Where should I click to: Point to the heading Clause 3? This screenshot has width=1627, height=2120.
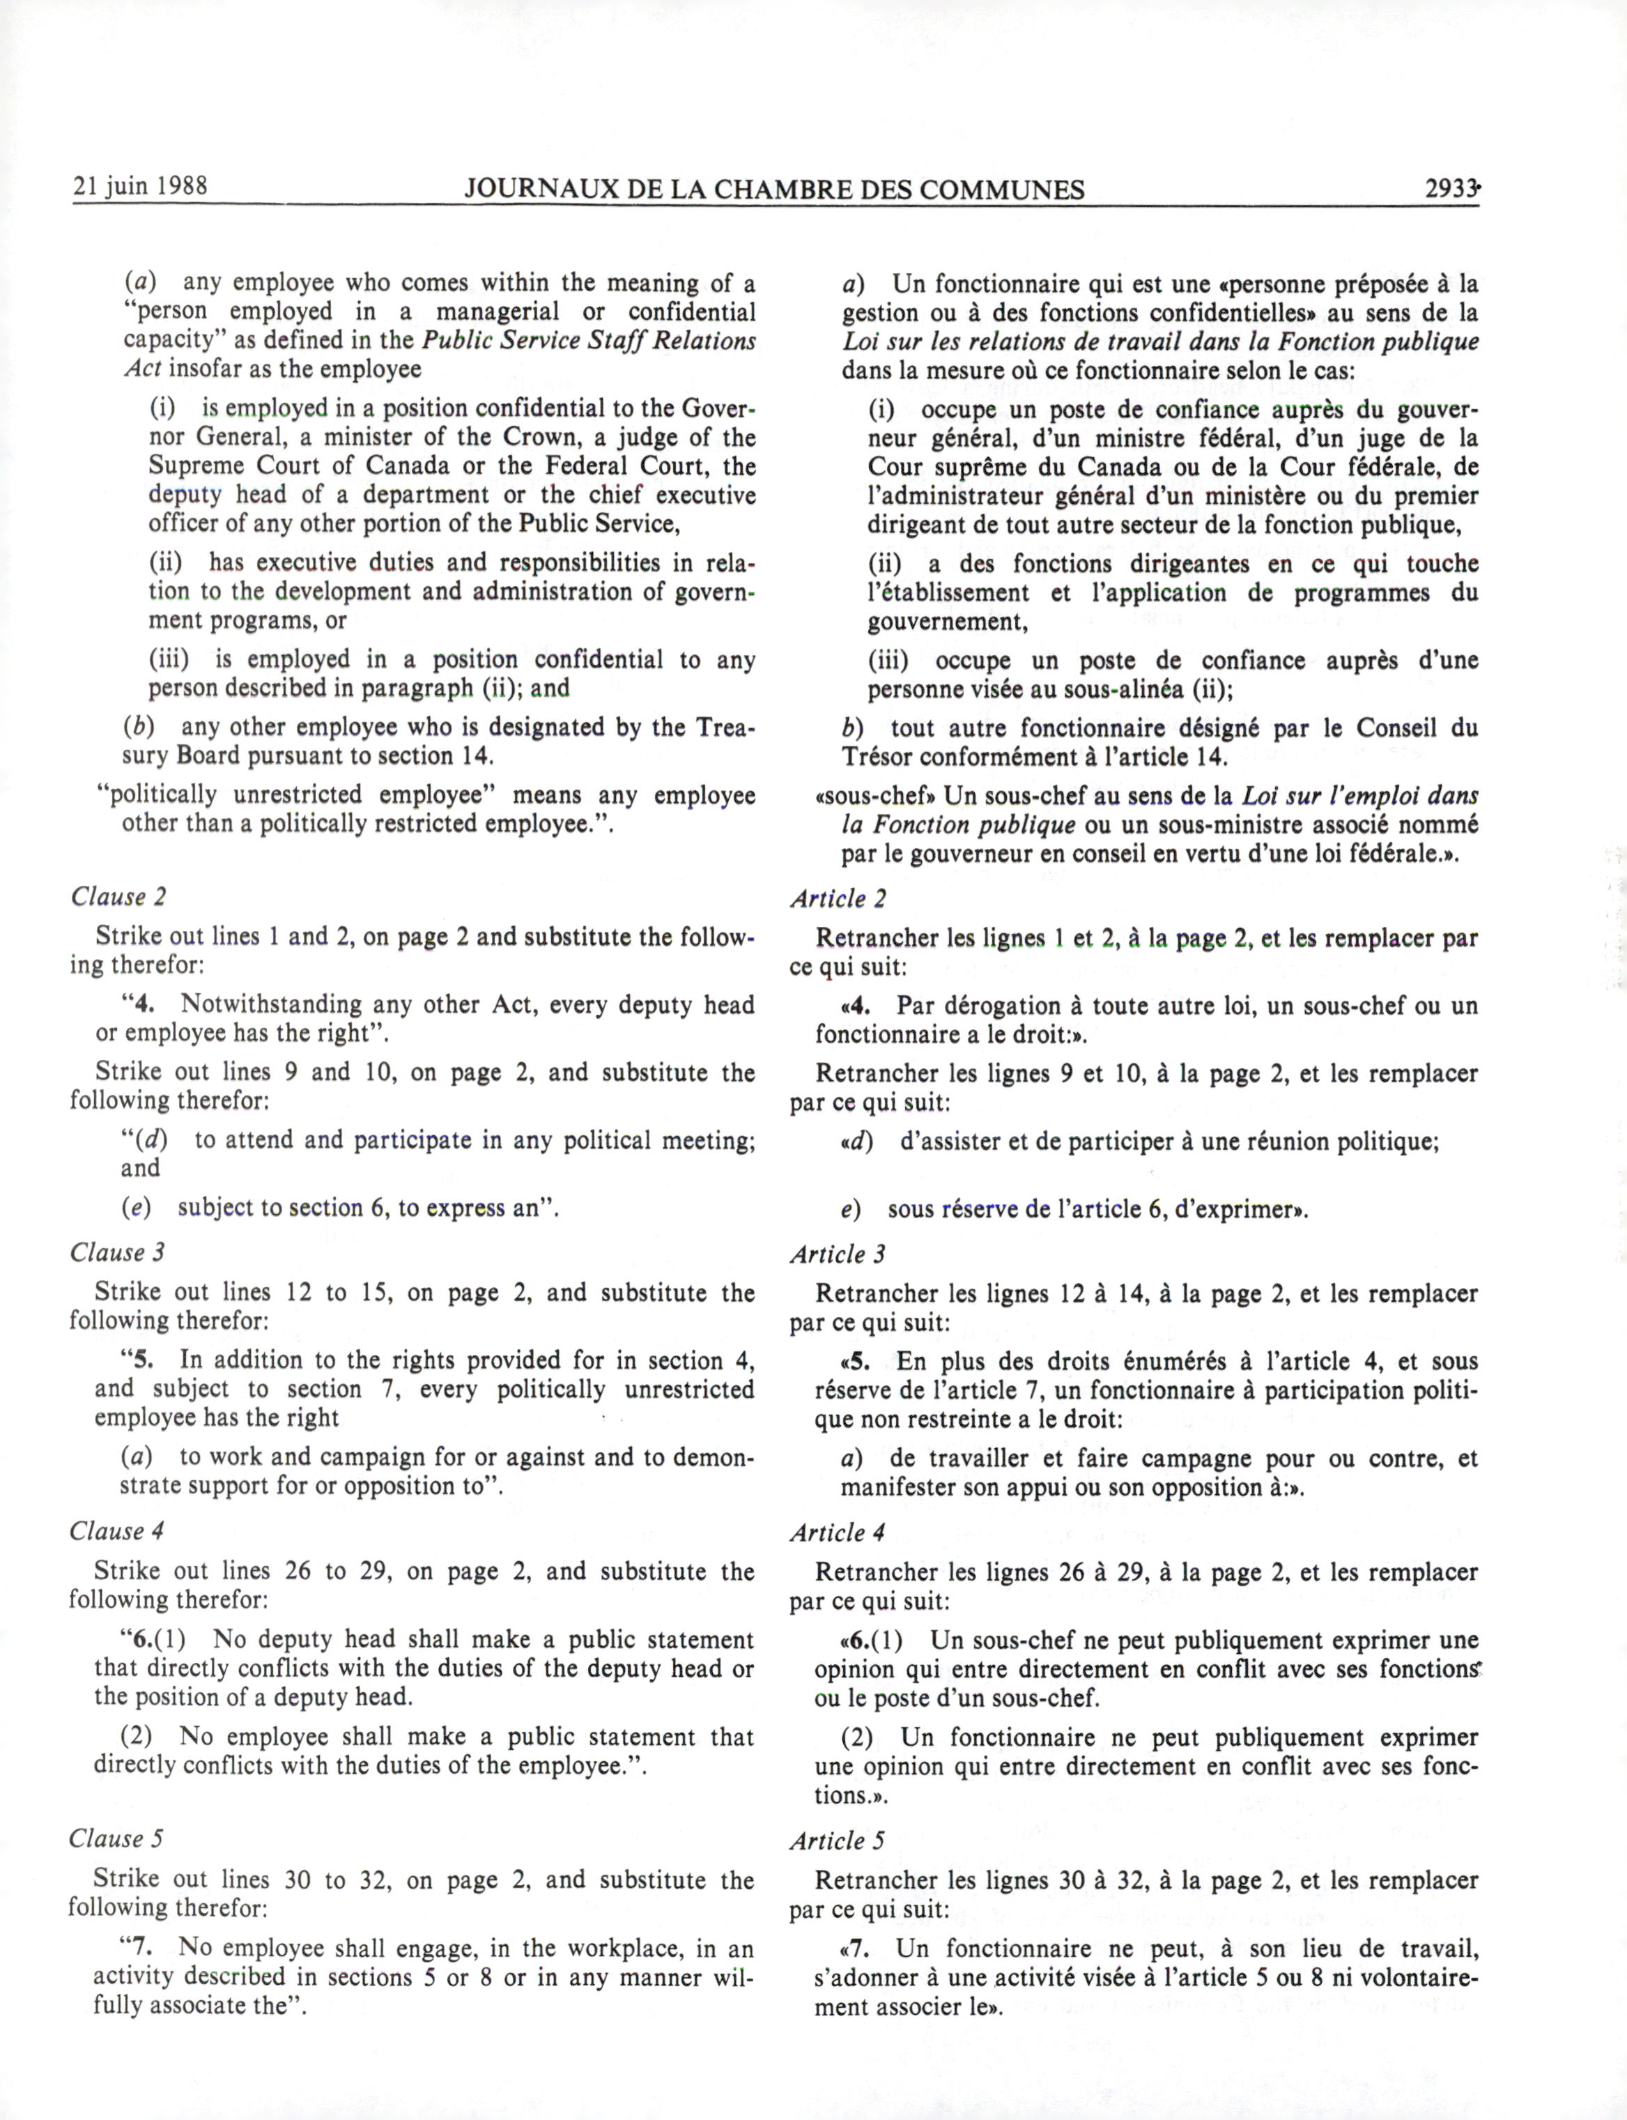[x=117, y=1252]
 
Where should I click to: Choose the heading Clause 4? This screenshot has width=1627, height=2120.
[x=117, y=1530]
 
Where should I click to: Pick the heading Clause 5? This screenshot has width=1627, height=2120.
[x=116, y=1838]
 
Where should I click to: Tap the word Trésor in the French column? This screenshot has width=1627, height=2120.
[x=875, y=756]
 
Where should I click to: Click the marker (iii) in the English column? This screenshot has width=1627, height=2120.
[x=169, y=659]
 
